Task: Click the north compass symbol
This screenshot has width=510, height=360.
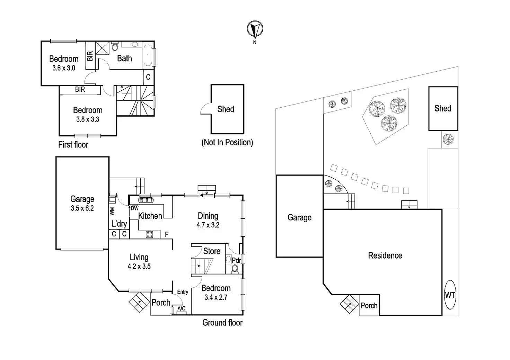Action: tap(255, 29)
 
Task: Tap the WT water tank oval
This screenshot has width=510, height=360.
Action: tap(450, 295)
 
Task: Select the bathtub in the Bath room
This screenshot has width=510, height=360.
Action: tap(147, 55)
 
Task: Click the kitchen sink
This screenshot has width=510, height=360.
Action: tap(146, 200)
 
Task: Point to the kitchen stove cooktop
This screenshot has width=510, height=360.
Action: tap(149, 234)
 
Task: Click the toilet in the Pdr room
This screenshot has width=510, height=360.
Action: tap(235, 268)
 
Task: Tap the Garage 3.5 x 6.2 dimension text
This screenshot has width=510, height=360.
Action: tap(82, 208)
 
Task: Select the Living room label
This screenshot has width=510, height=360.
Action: tap(139, 257)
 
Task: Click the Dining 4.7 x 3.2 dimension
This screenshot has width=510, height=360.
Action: tap(208, 225)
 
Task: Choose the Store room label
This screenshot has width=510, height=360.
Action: tap(212, 251)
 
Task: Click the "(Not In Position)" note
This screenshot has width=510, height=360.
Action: tap(227, 142)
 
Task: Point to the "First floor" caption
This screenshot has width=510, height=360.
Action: tap(73, 145)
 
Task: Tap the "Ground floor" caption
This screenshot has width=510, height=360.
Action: tap(222, 323)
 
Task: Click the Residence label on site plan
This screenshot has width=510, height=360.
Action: tap(385, 255)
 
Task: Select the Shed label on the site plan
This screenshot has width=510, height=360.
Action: tap(443, 108)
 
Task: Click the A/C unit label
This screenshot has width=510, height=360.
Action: tap(181, 308)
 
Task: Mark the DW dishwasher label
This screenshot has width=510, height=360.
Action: tap(134, 208)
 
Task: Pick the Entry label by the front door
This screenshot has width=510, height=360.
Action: tap(183, 292)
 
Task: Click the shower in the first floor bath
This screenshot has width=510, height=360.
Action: tap(102, 48)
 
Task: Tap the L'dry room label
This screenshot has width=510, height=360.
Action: tap(119, 224)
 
